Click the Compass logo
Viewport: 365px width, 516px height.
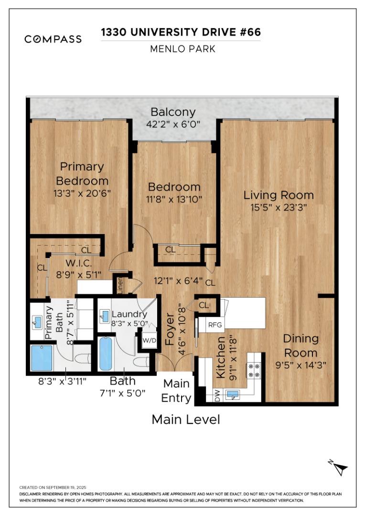pos(53,39)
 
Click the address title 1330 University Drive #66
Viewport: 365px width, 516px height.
pos(181,32)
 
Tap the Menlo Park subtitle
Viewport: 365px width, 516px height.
pos(182,49)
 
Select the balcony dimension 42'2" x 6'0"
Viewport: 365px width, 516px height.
pos(173,124)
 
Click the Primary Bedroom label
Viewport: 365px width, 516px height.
pos(82,173)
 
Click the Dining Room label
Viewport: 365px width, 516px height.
pos(301,345)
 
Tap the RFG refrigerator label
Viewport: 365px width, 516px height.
pos(215,325)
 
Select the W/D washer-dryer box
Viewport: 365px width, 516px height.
pos(150,341)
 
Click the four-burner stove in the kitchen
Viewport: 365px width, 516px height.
pos(253,368)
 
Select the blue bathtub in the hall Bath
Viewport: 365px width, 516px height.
pos(106,354)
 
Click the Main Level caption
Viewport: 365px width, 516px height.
pos(185,419)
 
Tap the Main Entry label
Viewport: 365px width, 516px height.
pos(176,390)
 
